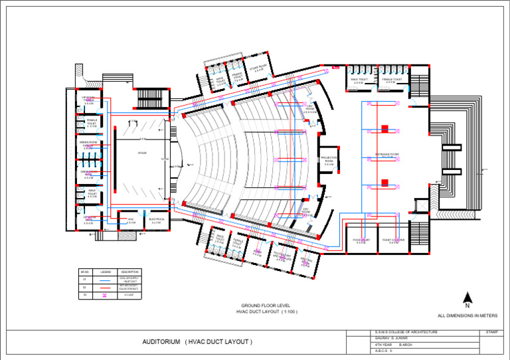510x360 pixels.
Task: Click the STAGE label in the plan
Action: [141, 153]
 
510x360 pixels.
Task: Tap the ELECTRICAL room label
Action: [157, 220]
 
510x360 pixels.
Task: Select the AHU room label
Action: [131, 220]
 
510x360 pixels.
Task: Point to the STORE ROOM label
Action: [258, 67]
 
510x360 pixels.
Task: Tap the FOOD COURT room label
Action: [361, 241]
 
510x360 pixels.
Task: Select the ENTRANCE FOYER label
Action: [386, 155]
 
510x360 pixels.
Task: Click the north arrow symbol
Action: [467, 300]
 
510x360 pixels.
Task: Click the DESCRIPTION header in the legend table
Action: [129, 272]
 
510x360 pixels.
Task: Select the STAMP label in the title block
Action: [491, 331]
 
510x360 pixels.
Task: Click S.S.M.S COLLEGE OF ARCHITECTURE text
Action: [406, 331]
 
